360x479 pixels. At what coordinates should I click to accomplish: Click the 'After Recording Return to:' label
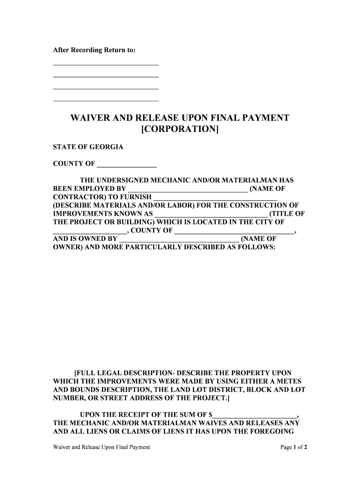tap(94, 50)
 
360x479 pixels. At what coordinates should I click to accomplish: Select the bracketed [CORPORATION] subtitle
tap(180, 129)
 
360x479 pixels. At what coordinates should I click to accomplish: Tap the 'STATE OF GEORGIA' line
tap(87, 147)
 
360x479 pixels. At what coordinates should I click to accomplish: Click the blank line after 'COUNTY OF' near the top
tap(127, 165)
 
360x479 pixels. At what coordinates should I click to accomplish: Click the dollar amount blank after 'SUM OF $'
tap(255, 415)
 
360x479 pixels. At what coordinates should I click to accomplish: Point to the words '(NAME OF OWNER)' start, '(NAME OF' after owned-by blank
tap(258, 239)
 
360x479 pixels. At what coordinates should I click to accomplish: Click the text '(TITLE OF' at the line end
tap(288, 214)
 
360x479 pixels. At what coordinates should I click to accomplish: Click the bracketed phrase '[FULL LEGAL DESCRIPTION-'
tap(123, 373)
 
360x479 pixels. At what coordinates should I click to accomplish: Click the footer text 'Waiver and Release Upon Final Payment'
tap(101, 447)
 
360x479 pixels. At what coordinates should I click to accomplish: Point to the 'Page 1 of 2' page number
tap(294, 447)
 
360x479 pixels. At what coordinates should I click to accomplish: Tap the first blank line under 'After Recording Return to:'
tap(106, 64)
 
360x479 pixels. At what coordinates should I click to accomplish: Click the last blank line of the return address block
tap(106, 101)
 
